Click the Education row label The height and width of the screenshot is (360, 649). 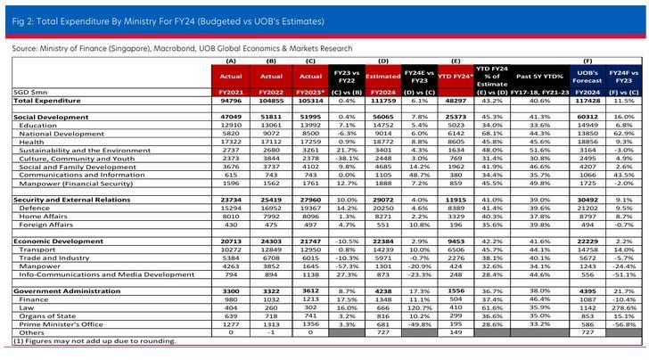pyautogui.click(x=32, y=126)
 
